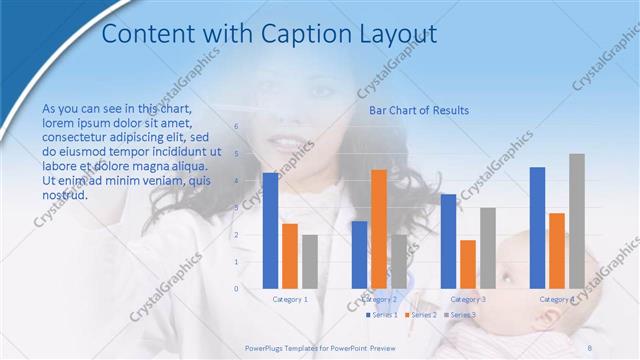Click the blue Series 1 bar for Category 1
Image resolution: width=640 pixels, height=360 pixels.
(x=270, y=231)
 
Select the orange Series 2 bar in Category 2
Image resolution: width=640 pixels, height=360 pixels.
(x=378, y=229)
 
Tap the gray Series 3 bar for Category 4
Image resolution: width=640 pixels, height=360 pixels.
(x=576, y=221)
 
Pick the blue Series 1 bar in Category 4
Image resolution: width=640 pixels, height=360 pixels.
(x=537, y=228)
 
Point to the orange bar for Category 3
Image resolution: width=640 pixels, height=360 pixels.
(x=467, y=264)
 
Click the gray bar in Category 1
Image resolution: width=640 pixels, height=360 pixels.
(x=310, y=262)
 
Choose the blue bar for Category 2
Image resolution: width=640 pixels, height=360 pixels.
(x=359, y=255)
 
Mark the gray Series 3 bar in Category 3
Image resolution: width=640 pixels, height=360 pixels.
(x=487, y=248)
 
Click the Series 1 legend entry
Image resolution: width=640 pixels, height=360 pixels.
(x=382, y=315)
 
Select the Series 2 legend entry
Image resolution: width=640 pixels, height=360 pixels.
(x=421, y=315)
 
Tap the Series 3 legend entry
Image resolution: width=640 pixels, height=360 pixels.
(x=459, y=315)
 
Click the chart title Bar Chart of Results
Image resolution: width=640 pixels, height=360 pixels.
(x=419, y=110)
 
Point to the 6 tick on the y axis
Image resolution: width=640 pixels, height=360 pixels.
(x=237, y=127)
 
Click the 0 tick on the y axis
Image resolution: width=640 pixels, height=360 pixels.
(x=237, y=289)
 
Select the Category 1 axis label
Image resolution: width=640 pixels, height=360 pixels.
(x=290, y=299)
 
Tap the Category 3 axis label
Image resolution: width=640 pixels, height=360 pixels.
(x=468, y=299)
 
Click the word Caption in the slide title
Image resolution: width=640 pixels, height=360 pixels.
(x=297, y=34)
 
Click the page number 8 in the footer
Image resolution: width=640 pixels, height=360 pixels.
(x=590, y=347)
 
